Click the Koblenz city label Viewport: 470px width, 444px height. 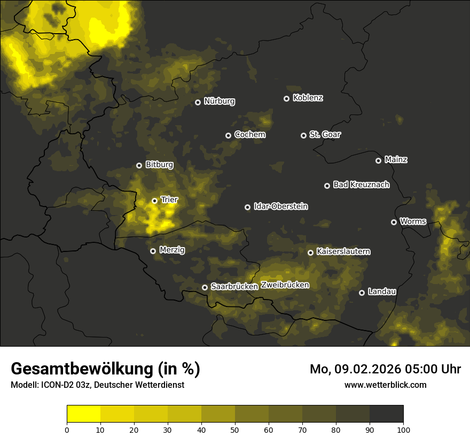(x=308, y=98)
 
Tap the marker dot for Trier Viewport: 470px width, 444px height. (x=154, y=201)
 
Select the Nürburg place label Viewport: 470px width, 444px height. (x=219, y=101)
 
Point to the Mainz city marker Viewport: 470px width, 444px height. (x=378, y=160)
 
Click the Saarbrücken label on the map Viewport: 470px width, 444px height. (x=234, y=287)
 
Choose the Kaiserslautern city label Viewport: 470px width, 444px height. (x=343, y=251)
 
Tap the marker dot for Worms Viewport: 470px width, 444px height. (x=394, y=222)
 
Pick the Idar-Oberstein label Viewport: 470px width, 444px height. (x=280, y=206)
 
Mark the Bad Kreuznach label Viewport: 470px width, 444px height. (x=361, y=185)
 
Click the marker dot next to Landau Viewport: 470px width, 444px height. (x=362, y=293)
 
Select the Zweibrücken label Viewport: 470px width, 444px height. (x=285, y=285)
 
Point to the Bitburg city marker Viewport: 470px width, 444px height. (x=139, y=165)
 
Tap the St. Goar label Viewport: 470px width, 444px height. (x=325, y=135)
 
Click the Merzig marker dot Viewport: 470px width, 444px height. (x=153, y=251)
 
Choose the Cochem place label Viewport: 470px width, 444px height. (x=249, y=135)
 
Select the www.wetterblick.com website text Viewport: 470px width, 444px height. (x=385, y=385)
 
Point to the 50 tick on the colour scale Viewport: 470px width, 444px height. (x=235, y=429)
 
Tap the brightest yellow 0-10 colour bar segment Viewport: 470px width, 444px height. (x=83, y=414)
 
